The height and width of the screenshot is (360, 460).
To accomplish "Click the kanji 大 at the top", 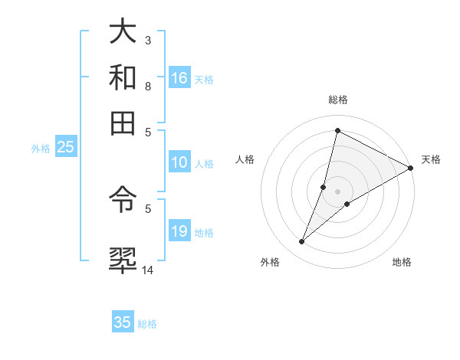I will [124, 34].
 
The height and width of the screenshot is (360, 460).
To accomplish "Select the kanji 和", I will [124, 77].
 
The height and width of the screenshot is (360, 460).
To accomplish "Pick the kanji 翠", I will [124, 257].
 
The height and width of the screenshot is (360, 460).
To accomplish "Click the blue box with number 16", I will [179, 78].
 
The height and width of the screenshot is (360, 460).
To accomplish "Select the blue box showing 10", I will [179, 162].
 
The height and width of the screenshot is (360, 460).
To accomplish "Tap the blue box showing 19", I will [179, 231].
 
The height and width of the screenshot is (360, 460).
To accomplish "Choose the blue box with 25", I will [65, 147].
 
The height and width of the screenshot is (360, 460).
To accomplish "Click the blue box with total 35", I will [123, 322].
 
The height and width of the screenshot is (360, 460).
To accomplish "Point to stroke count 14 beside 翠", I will [148, 269].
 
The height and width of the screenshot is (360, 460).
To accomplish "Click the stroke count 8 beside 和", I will [148, 87].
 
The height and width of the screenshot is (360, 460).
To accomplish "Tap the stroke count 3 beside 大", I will [148, 40].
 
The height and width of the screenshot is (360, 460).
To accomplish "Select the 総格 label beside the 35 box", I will [147, 324].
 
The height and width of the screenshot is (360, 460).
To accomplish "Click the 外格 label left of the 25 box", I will [41, 149].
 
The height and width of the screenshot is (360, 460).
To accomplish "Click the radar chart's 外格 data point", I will [302, 242].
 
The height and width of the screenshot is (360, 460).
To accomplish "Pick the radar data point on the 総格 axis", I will [337, 130].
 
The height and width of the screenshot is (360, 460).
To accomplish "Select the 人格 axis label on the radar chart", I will [245, 159].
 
